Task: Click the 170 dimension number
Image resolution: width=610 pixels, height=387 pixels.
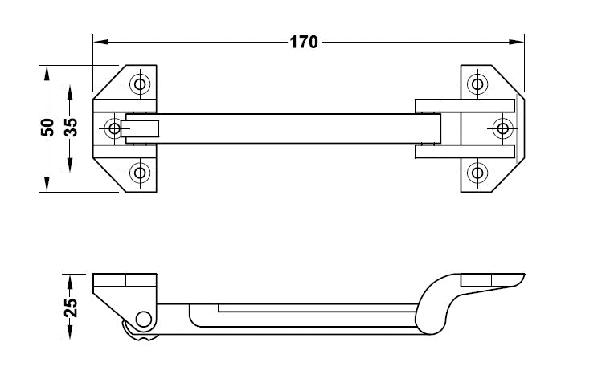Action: click(x=304, y=42)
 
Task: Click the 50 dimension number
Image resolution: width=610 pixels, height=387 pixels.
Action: click(x=47, y=128)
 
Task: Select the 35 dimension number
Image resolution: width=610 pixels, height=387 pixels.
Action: click(x=71, y=128)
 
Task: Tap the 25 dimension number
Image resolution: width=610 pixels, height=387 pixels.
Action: click(x=71, y=308)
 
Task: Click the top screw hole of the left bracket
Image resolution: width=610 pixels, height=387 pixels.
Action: click(x=140, y=84)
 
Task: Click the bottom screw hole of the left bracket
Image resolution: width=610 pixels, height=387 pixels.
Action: click(x=140, y=173)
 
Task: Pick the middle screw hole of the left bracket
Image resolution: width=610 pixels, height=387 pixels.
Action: click(x=114, y=128)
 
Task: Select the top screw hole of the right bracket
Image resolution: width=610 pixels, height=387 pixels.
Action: click(x=477, y=84)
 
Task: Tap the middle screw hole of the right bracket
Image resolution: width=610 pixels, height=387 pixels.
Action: click(x=502, y=128)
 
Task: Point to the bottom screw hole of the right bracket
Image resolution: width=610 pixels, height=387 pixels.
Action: click(x=477, y=173)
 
